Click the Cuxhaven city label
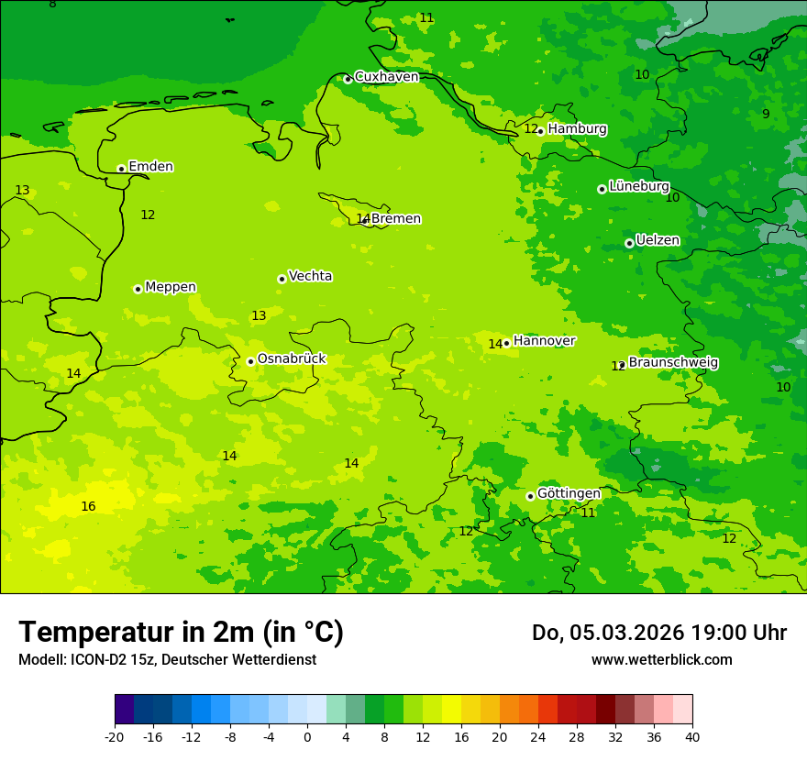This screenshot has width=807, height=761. (x=386, y=77)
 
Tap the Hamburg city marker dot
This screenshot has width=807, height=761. (x=541, y=131)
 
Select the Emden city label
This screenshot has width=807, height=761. (x=150, y=167)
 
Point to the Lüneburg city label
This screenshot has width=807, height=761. (x=638, y=186)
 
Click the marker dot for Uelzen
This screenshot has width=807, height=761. (x=629, y=243)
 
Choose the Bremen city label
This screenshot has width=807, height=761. (x=395, y=219)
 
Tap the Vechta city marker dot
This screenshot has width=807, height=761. (x=282, y=279)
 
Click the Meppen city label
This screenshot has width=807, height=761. (x=171, y=287)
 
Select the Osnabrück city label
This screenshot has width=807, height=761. (x=291, y=359)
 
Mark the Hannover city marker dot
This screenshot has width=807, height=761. (x=506, y=343)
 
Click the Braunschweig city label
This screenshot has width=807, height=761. (x=673, y=363)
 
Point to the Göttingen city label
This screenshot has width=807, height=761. (x=569, y=494)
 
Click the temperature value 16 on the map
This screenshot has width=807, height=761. (x=88, y=506)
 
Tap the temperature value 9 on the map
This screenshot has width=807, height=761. (x=766, y=114)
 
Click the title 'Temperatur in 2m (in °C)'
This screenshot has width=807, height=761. (x=181, y=633)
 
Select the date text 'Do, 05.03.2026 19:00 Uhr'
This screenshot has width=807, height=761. (x=658, y=633)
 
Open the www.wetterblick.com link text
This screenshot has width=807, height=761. (x=661, y=660)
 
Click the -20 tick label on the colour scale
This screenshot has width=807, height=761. (x=115, y=737)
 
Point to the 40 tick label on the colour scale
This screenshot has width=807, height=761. (x=691, y=737)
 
